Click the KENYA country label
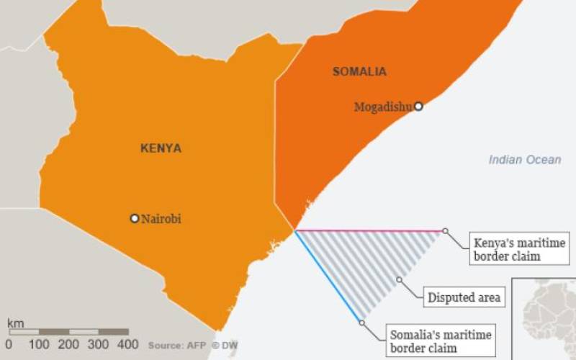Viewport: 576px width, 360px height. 161,148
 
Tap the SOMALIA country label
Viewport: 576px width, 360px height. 359,71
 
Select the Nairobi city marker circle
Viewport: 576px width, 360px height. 134,218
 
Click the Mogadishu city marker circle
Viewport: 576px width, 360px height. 418,106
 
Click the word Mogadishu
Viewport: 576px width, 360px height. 383,107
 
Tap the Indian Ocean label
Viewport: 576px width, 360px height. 524,160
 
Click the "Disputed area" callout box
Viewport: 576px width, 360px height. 464,297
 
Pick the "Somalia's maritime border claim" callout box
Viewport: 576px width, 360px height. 440,341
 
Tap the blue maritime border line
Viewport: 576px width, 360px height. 328,276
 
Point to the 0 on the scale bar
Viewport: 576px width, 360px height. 9,345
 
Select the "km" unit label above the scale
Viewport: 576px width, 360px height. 15,323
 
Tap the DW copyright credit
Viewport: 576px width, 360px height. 225,346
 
